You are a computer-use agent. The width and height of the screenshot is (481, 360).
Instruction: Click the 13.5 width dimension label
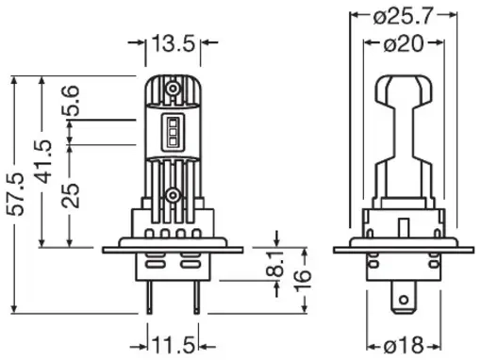[174, 43]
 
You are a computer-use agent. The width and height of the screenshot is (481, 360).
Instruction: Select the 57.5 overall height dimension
[16, 194]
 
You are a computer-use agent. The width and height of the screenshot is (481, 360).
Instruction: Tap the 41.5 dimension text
[43, 162]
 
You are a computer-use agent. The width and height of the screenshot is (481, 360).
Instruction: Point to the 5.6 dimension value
[70, 101]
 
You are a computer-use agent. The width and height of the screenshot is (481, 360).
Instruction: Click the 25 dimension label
[70, 195]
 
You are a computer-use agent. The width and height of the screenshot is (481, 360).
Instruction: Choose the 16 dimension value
[304, 280]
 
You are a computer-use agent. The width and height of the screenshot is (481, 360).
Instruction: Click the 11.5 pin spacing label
[174, 345]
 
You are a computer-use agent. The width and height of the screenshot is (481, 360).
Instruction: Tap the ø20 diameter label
[404, 43]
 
